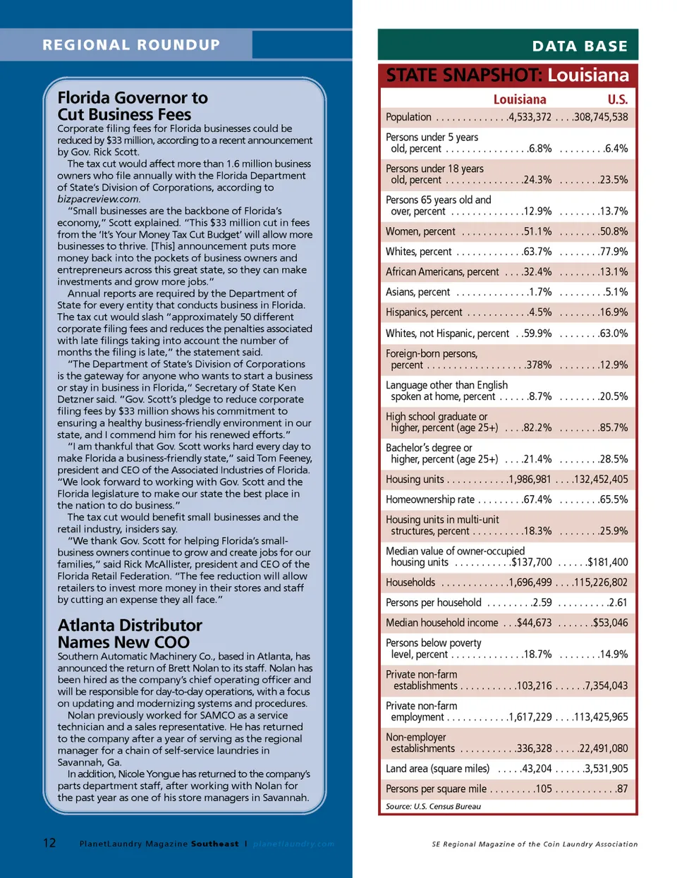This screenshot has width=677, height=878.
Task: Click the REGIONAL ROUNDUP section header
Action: [131, 45]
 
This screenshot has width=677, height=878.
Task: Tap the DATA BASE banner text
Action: [580, 47]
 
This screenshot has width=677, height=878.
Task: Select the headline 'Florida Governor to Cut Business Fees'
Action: [133, 106]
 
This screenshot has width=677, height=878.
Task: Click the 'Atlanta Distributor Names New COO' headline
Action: [130, 633]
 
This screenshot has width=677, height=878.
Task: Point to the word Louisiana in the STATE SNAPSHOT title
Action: [588, 75]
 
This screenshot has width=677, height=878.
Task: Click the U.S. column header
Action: [617, 99]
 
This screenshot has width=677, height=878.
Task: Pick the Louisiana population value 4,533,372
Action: [530, 117]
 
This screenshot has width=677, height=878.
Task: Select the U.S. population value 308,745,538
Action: [600, 117]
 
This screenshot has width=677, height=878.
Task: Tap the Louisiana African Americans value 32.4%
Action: [537, 272]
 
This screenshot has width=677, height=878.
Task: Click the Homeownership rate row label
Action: [430, 499]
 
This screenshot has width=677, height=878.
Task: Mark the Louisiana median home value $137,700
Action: [532, 562]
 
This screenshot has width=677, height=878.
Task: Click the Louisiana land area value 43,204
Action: [537, 769]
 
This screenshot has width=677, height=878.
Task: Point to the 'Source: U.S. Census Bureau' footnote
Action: [433, 806]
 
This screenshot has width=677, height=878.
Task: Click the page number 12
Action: [49, 843]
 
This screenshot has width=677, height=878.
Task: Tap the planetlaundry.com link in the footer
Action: [293, 843]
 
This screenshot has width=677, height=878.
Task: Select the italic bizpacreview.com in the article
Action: [98, 199]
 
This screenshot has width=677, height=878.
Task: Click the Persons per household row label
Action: [434, 602]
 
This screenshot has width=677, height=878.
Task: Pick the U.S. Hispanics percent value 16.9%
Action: [614, 312]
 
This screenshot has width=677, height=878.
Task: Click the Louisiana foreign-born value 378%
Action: [539, 365]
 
